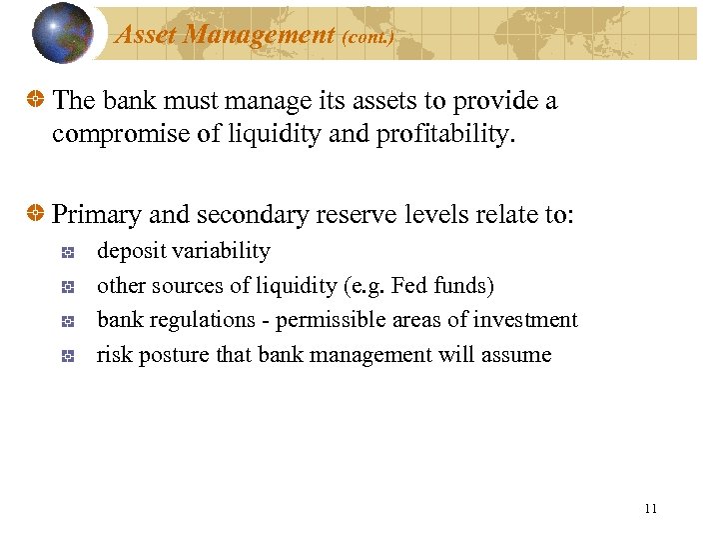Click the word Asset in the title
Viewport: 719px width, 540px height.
pos(147,35)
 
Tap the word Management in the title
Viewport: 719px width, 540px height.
pos(259,35)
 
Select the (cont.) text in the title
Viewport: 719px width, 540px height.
pos(367,37)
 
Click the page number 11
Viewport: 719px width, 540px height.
pos(651,509)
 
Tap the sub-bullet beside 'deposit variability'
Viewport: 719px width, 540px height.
pos(68,253)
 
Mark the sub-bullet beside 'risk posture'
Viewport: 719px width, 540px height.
pos(68,356)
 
